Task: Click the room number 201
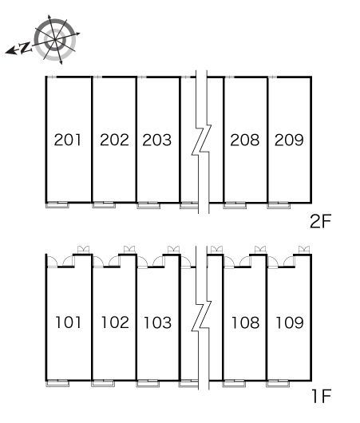pos(68,140)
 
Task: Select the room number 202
pos(114,140)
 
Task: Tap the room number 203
pos(156,140)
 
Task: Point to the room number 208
pos(245,140)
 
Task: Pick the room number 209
pos(289,140)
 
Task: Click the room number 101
pos(68,322)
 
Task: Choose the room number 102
pos(115,322)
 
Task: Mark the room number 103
pos(157,322)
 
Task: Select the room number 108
pos(245,322)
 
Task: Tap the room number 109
pos(290,322)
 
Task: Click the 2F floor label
pos(320,221)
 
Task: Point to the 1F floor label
pos(321,396)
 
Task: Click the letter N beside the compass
pos(26,47)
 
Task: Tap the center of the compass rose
pos(55,40)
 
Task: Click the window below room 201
pos(57,205)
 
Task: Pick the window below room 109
pos(278,383)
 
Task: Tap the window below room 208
pos(235,205)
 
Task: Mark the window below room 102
pos(103,383)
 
